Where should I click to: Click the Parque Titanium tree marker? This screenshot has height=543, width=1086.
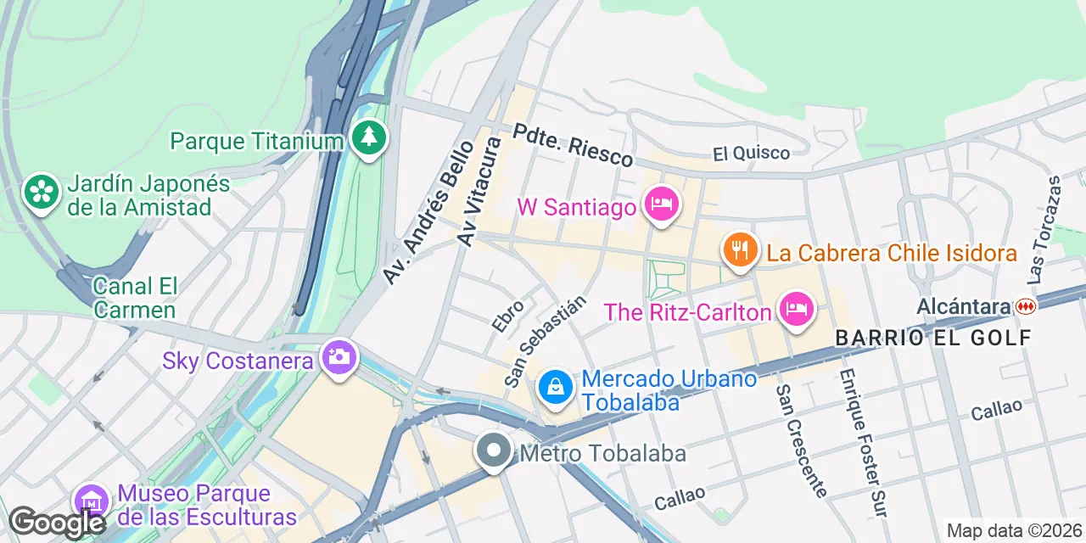click(369, 138)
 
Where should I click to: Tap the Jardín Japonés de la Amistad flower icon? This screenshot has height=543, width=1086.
click(41, 192)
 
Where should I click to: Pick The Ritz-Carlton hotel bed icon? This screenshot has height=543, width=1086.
click(796, 309)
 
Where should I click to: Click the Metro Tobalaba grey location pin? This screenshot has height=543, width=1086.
click(494, 451)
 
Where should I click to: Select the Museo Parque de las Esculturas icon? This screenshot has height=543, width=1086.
click(91, 501)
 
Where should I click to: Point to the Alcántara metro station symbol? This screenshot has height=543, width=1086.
click(1026, 306)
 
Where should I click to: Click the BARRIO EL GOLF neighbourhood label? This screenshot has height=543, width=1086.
click(933, 338)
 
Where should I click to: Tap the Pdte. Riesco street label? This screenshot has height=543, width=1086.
click(573, 146)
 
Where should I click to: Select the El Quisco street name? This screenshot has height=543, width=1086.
click(751, 154)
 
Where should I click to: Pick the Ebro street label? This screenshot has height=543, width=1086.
click(508, 315)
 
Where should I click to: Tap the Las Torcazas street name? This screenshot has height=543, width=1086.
click(1044, 229)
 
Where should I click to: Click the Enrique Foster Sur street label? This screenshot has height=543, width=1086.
click(864, 443)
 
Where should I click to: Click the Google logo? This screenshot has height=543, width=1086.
click(57, 523)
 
